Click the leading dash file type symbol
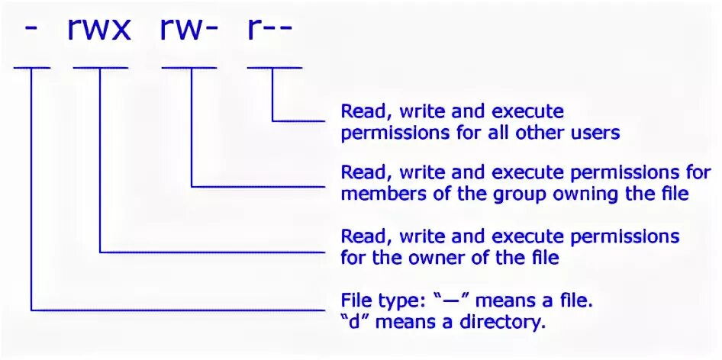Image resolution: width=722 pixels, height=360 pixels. pyautogui.click(x=32, y=31)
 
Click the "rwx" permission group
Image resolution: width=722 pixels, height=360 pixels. pyautogui.click(x=100, y=31)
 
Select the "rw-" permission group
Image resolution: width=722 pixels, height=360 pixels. pyautogui.click(x=189, y=31)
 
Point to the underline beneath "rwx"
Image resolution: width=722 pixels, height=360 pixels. pyautogui.click(x=100, y=67)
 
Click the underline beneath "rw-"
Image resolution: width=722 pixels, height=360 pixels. pyautogui.click(x=189, y=67)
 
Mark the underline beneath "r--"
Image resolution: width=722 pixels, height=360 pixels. pyautogui.click(x=274, y=67)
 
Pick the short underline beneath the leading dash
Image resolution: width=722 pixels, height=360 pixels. pyautogui.click(x=32, y=67)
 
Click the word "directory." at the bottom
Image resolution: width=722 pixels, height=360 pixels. pyautogui.click(x=507, y=322)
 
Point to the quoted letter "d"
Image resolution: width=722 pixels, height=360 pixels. pyautogui.click(x=351, y=322)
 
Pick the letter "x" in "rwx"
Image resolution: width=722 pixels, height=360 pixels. pyautogui.click(x=121, y=31)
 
